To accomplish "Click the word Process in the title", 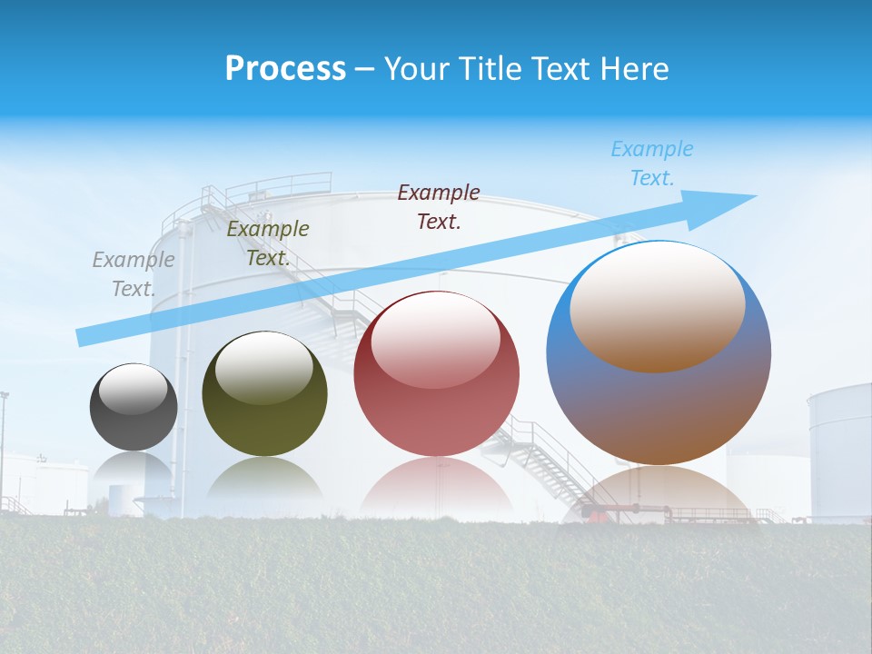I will click(x=285, y=69).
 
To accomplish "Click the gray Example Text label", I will click(x=134, y=274).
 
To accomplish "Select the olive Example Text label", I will click(x=268, y=243).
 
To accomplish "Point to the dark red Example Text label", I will click(x=439, y=206).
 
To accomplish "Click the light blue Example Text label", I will click(x=652, y=163).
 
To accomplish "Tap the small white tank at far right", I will click(x=839, y=450).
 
